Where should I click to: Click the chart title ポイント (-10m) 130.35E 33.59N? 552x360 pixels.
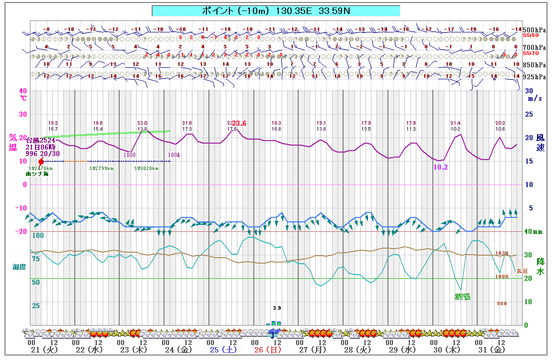276,10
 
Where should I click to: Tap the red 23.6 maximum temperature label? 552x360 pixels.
239,124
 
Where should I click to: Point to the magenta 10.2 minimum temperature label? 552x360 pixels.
440,168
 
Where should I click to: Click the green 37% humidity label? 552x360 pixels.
462,297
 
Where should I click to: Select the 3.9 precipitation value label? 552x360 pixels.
277,308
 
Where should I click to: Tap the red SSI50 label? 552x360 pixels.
531,36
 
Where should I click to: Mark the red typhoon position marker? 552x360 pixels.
41,162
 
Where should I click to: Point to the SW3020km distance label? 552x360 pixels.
146,169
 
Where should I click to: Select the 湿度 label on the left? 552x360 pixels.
19,267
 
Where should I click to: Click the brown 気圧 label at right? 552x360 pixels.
521,271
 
